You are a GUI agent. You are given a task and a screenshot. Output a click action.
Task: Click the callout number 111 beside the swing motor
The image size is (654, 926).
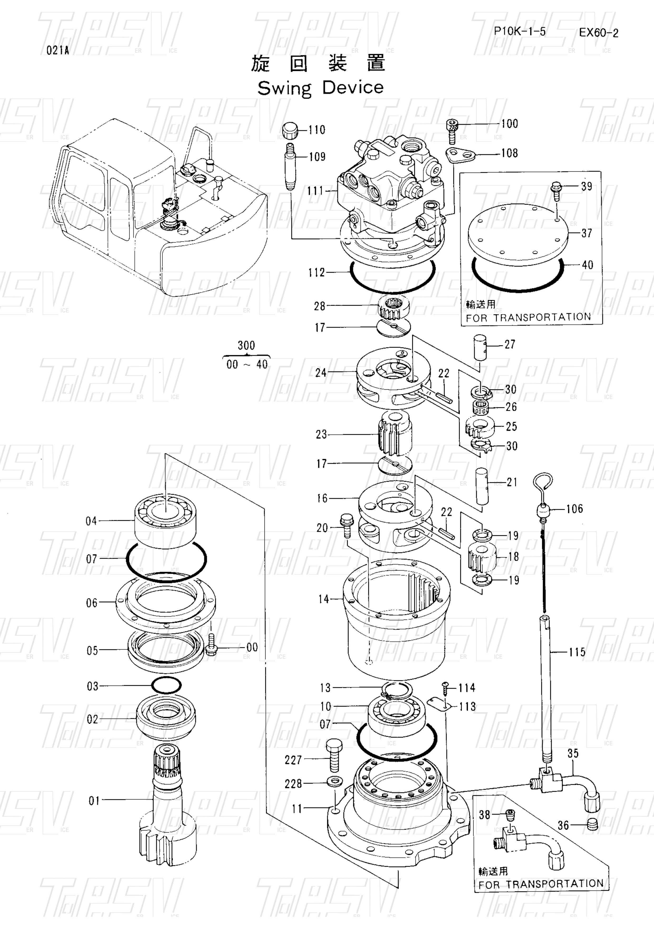tap(315, 191)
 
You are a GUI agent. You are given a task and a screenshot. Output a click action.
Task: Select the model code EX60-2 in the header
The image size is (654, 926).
tap(598, 33)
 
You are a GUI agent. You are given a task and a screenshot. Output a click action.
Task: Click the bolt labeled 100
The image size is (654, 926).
tap(452, 132)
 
